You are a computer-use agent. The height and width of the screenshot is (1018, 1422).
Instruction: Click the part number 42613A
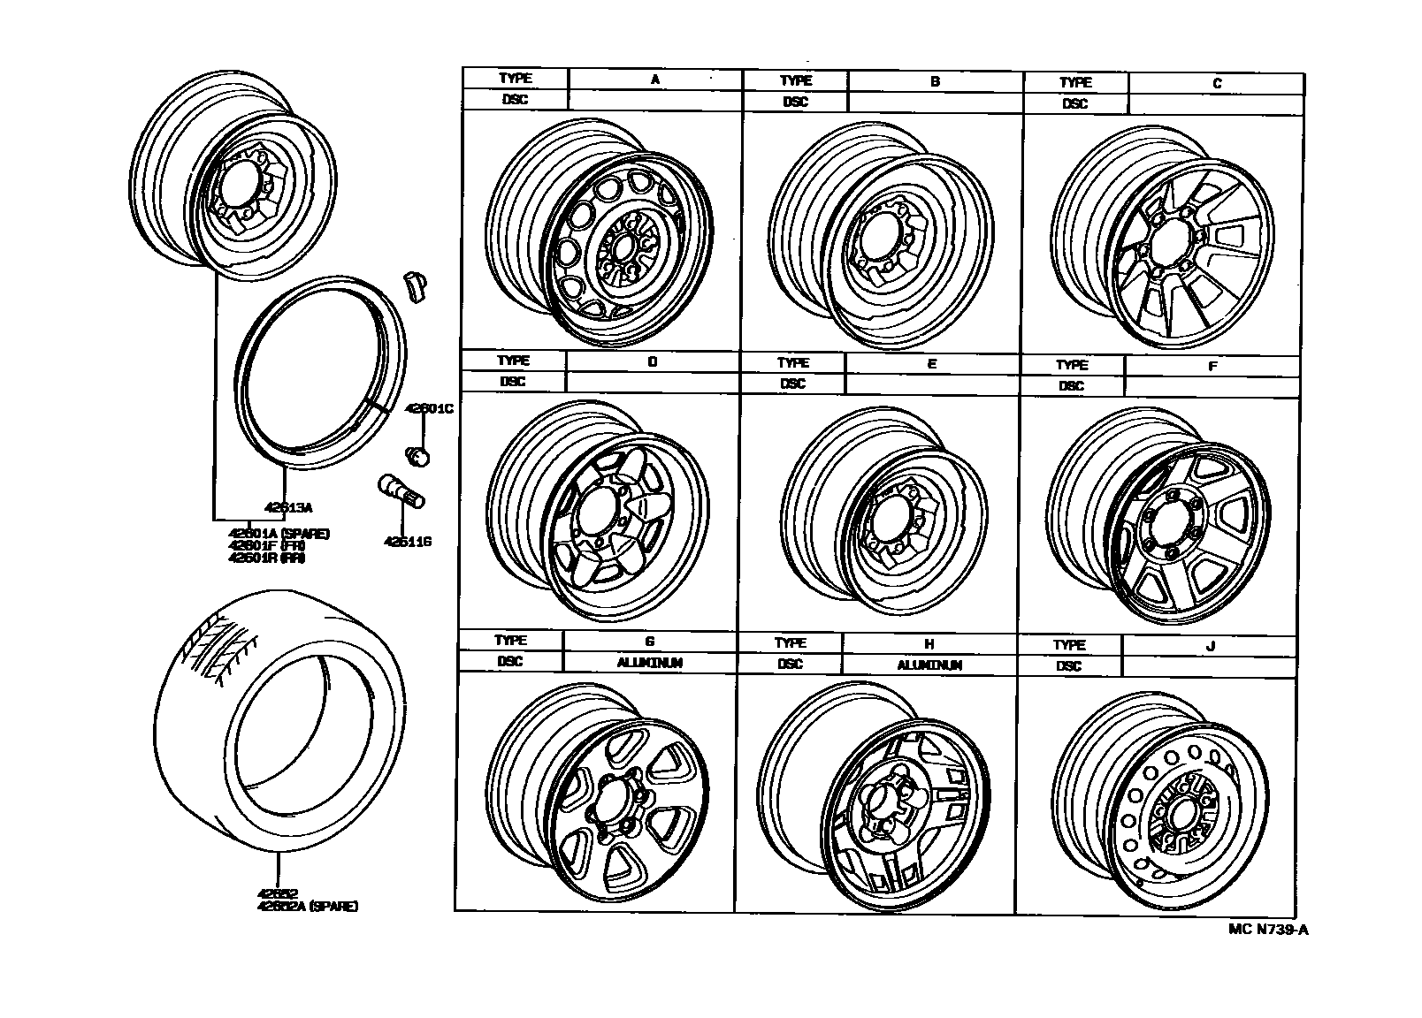tap(289, 507)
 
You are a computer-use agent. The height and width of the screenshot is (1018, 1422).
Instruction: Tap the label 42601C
tap(429, 409)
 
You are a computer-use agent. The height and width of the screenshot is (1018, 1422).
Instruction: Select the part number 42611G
tap(407, 542)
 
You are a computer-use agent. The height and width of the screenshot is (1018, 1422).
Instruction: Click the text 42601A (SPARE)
tap(279, 533)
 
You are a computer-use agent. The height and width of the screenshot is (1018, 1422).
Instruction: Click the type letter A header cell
tap(654, 79)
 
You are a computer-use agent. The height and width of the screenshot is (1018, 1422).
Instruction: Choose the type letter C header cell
tap(1217, 83)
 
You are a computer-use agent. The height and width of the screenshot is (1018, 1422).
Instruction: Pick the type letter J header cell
tap(1211, 646)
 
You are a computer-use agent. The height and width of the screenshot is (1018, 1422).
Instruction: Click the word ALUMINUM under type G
tap(649, 663)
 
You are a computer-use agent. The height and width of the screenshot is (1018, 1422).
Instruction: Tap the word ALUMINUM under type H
tap(929, 665)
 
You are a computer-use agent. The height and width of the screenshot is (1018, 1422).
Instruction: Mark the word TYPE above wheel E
tap(793, 362)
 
